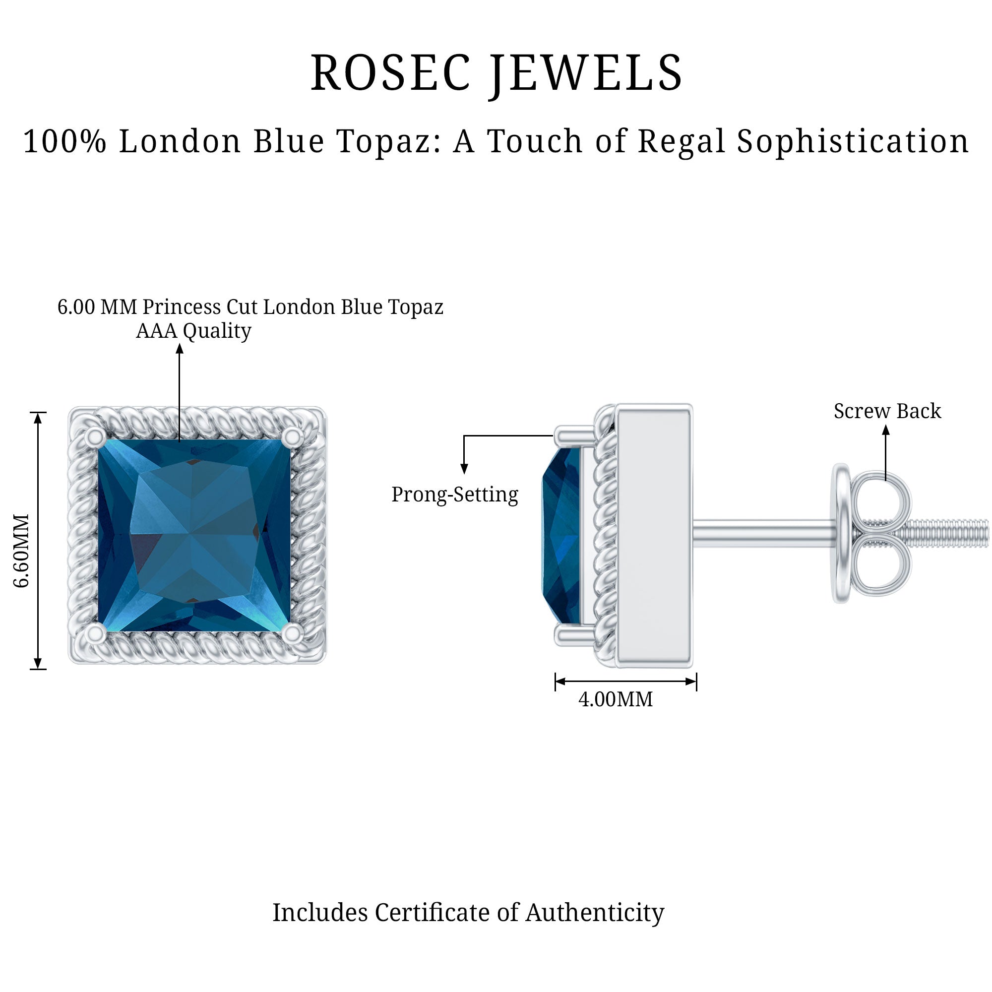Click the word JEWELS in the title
(585, 75)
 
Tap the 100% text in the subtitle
(64, 141)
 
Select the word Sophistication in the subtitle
(853, 142)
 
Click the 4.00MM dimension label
(616, 700)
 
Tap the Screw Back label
(887, 411)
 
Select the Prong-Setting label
(455, 495)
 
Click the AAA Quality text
(193, 331)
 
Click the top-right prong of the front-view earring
(293, 437)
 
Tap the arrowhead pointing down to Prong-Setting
(464, 468)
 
